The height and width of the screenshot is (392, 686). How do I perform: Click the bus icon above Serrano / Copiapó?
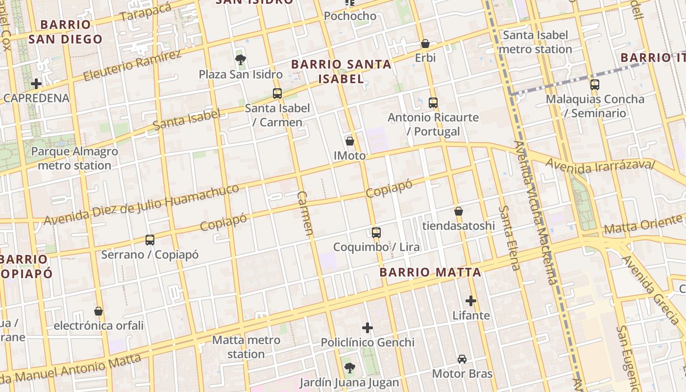point(150,240)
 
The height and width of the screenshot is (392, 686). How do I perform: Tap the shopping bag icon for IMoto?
point(350,142)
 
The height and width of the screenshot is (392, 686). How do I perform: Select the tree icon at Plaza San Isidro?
point(240,60)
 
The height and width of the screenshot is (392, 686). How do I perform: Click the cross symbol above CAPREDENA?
point(36,84)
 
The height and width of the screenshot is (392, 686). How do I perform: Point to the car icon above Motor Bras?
point(462,359)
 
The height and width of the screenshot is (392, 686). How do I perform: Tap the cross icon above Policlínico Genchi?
point(367,328)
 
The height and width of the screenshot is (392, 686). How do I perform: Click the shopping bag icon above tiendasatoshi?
point(459,212)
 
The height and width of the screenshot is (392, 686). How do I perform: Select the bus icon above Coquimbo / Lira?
point(376,232)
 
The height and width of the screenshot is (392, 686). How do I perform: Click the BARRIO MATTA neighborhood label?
point(430,272)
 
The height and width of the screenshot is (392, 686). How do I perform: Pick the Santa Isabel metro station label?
point(536,42)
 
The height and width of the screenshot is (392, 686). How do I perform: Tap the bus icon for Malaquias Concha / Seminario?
point(595,85)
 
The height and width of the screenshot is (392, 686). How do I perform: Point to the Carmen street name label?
point(305,214)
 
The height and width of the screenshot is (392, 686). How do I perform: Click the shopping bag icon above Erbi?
point(425,44)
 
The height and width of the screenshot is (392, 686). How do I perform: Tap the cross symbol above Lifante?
point(471,300)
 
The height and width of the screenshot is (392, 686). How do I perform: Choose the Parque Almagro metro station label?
point(74,158)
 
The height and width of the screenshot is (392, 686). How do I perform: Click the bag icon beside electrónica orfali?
point(98,311)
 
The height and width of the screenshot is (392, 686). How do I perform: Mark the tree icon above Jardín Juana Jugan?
point(349,367)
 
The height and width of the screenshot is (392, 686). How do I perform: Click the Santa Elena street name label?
point(509,238)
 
